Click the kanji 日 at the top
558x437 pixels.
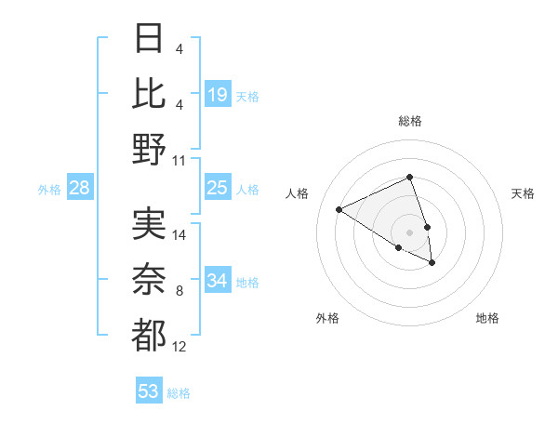point(149,39)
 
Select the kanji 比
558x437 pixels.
point(149,94)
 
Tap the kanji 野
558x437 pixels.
point(149,149)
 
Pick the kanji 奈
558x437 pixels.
point(149,280)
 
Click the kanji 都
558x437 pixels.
point(149,335)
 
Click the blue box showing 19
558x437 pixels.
point(218,94)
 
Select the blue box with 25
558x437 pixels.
point(218,188)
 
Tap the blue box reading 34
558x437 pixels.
point(218,280)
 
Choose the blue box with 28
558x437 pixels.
point(80,188)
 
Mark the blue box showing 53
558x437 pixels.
point(149,391)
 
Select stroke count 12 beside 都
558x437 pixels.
point(179,347)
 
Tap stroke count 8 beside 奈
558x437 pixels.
point(179,292)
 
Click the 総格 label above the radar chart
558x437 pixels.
point(409,121)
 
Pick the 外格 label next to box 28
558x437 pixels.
point(49,190)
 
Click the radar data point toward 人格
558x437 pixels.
point(339,209)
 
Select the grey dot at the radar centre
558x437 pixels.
point(409,232)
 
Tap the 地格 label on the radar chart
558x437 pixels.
point(487,318)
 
